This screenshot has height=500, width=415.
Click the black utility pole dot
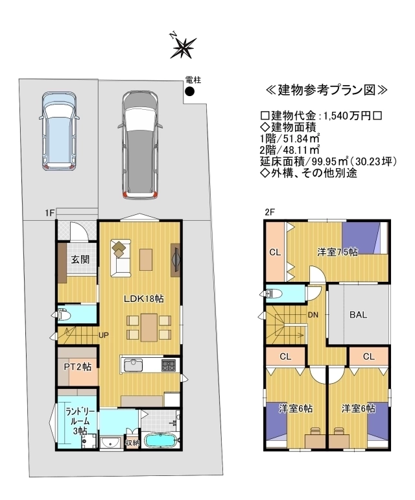pos(190,92)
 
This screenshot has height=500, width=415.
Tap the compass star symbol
pos(184,48)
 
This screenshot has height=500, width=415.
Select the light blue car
pos(60,131)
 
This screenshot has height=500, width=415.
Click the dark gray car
pos(140,145)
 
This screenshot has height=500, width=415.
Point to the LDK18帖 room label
pos(144,299)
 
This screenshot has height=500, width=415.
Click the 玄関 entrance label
pos(80,259)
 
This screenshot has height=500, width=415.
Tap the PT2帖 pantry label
pos(78,367)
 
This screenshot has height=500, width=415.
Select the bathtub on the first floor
pos(160,441)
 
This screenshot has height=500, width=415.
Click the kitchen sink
pos(133,365)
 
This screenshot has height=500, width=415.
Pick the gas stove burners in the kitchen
pos(169,365)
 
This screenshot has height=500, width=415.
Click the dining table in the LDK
pos(149,327)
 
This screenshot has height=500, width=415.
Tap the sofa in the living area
pos(121,258)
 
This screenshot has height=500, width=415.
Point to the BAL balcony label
pos(359,315)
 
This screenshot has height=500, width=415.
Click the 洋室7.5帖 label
pos(337,252)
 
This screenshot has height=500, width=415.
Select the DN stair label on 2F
pos(313,315)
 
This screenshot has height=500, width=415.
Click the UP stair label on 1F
pos(104,335)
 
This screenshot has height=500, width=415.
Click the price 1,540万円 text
pos(348,116)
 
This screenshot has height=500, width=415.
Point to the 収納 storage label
pos(132,444)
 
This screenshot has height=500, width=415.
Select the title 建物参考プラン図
pos(326,90)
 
